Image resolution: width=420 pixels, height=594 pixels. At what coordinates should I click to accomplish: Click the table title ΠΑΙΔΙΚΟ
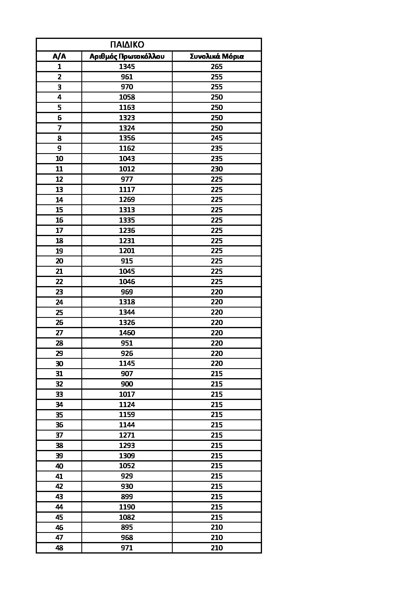[x=127, y=44]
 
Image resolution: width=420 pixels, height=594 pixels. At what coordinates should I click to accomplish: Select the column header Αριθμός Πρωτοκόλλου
[x=127, y=56]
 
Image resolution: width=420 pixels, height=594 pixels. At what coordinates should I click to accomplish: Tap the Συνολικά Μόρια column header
[x=217, y=56]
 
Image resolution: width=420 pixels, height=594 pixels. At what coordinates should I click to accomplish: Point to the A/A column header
[x=59, y=56]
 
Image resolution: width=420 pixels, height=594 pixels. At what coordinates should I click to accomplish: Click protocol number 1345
[x=127, y=67]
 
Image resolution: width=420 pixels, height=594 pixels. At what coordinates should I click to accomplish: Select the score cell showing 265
[x=217, y=67]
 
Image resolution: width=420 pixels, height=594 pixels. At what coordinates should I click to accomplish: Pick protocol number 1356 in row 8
[x=127, y=138]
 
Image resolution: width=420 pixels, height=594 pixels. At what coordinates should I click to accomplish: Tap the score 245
[x=217, y=138]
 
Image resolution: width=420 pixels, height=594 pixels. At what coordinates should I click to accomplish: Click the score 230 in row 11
[x=217, y=169]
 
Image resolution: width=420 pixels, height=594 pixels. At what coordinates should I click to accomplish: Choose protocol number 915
[x=127, y=261]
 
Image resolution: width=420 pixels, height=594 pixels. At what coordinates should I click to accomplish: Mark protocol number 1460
[x=127, y=333]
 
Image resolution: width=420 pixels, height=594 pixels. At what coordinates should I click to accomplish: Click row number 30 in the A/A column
[x=59, y=363]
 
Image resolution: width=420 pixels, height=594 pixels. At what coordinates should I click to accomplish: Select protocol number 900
[x=127, y=384]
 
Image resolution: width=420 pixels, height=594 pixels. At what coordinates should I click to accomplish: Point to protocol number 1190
[x=127, y=507]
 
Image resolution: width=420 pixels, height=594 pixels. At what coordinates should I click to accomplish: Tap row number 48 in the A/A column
[x=59, y=548]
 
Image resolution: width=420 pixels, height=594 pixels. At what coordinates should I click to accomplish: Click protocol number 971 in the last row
[x=127, y=548]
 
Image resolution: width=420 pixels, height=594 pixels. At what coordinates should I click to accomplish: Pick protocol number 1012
[x=127, y=169]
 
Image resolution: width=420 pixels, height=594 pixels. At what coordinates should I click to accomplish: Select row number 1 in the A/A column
[x=59, y=67]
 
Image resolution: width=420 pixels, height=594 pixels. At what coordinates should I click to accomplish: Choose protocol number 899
[x=127, y=497]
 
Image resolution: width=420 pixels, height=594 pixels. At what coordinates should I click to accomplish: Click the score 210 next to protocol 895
[x=217, y=527]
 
